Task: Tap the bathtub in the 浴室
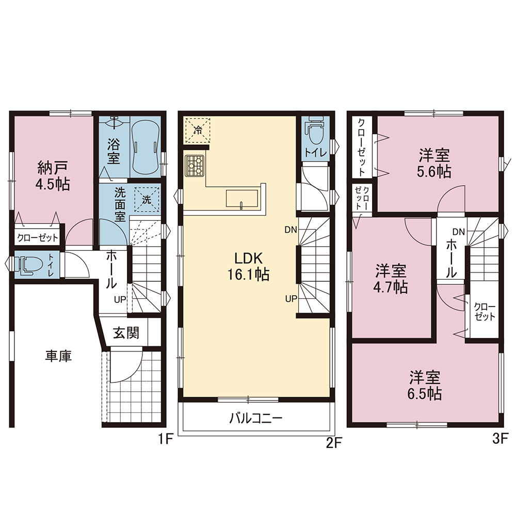click(x=145, y=146)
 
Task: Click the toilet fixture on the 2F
click(x=316, y=130)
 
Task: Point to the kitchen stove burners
click(x=195, y=166)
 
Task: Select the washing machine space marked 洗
click(x=147, y=199)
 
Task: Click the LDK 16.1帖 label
click(x=249, y=266)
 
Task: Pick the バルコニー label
click(x=256, y=418)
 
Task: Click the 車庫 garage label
click(x=59, y=356)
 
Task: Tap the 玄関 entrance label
click(x=126, y=333)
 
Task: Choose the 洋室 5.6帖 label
click(x=434, y=164)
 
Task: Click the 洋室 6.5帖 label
click(x=425, y=385)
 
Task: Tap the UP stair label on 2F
click(x=291, y=299)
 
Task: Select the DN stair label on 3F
click(x=459, y=232)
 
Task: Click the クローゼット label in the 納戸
click(x=38, y=237)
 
